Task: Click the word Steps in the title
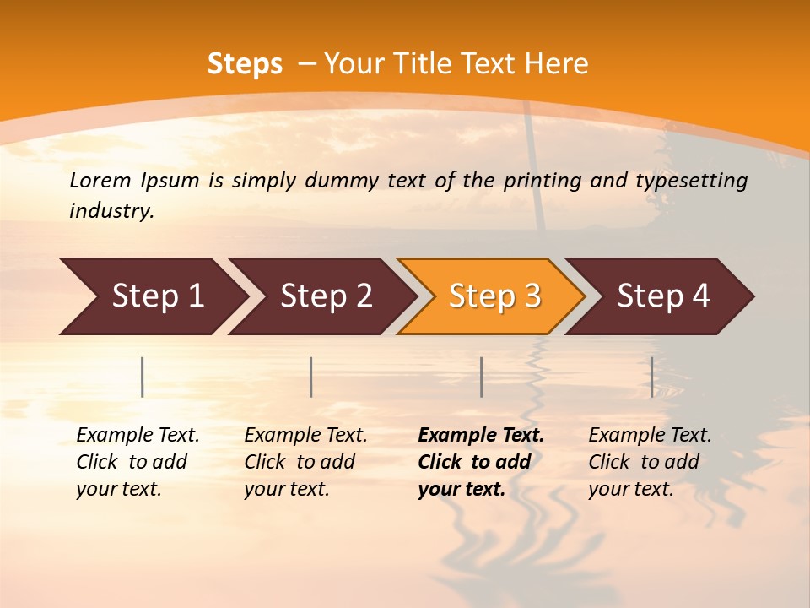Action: click(245, 64)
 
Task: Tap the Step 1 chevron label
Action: click(158, 296)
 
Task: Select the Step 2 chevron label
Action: click(327, 296)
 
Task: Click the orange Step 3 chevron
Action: click(494, 296)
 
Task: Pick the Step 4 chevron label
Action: click(663, 296)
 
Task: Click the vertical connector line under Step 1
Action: click(143, 377)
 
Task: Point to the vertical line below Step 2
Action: click(311, 377)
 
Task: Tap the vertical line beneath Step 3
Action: click(481, 377)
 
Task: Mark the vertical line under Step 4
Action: click(651, 377)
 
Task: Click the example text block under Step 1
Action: click(138, 462)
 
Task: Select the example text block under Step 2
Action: click(305, 462)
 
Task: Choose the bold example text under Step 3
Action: click(481, 462)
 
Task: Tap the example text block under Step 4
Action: click(650, 462)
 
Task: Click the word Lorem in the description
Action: click(100, 181)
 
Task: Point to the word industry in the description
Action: click(111, 211)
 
